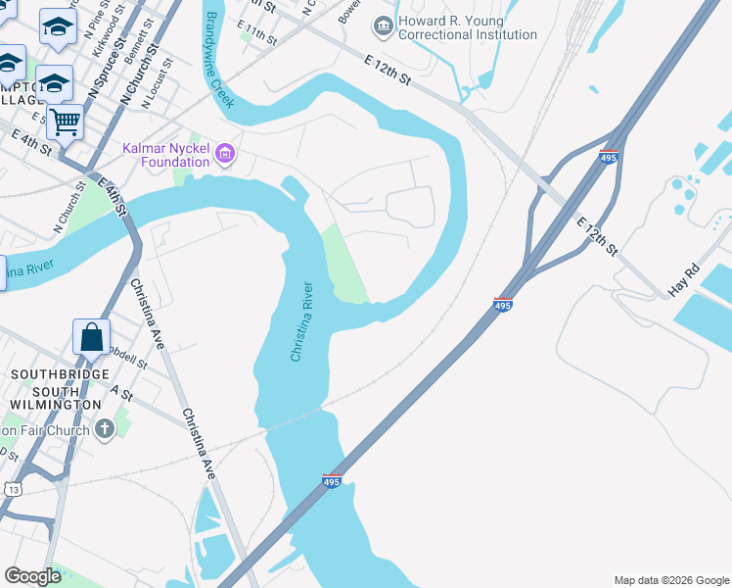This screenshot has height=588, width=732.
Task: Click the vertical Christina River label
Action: (x=302, y=322)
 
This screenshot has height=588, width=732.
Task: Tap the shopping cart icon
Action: (x=65, y=123)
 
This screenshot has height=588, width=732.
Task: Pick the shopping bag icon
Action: (x=91, y=337)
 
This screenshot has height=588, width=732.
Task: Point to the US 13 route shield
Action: (x=13, y=489)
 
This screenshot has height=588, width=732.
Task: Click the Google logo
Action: (x=33, y=576)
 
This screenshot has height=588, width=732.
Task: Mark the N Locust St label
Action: (x=160, y=78)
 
